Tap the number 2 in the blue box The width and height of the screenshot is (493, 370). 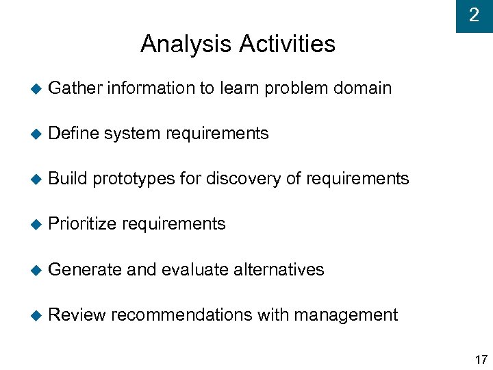474,15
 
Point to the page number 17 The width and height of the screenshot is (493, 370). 481,360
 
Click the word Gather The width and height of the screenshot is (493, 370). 75,88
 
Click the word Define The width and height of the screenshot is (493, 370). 75,134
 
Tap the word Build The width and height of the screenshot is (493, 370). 68,179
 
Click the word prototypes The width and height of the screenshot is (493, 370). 134,180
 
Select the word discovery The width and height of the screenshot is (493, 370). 243,179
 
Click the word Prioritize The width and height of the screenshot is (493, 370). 81,224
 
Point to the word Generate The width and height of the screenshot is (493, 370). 86,269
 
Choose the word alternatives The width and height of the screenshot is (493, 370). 279,269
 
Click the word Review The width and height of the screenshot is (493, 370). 77,314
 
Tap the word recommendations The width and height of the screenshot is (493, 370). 181,314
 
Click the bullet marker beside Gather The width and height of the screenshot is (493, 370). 36,89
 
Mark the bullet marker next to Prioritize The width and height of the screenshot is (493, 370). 36,225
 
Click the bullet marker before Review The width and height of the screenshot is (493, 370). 36,315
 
